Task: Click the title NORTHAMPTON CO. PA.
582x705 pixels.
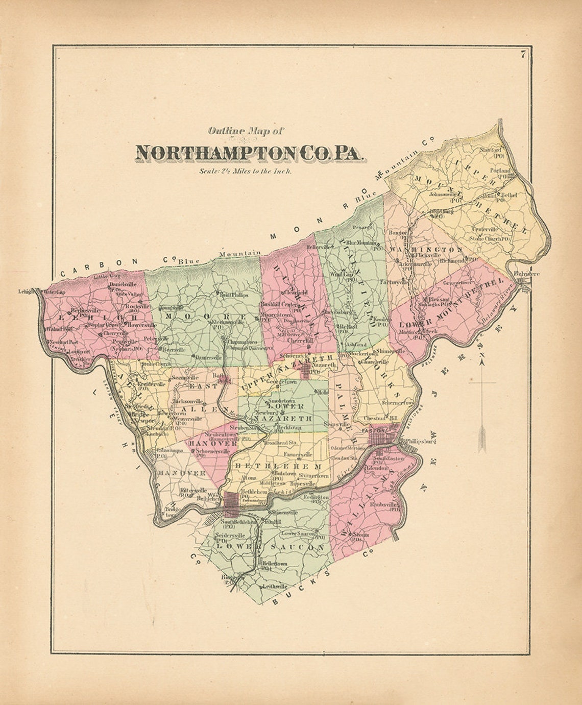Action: (251, 153)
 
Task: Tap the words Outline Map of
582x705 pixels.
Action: (246, 131)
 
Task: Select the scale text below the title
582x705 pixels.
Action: (246, 172)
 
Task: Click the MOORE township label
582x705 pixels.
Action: (205, 317)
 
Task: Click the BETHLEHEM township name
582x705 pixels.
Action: (278, 466)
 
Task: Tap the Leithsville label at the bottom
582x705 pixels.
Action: (275, 588)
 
